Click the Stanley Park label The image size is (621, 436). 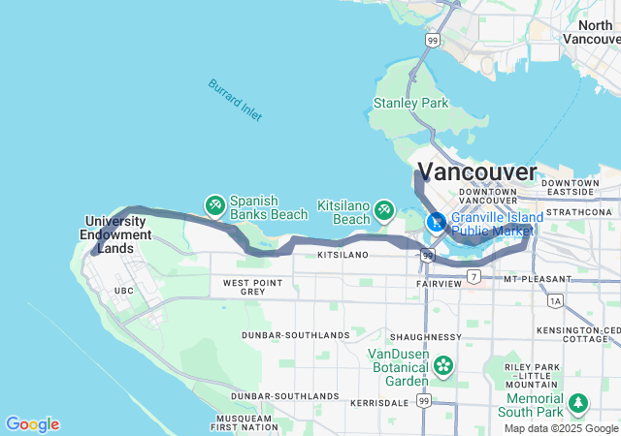coord(411,103)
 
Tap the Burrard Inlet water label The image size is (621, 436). coord(234,99)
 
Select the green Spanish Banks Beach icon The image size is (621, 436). coord(214,205)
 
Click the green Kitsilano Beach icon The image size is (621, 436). coord(384,208)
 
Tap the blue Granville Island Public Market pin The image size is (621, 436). coord(438,222)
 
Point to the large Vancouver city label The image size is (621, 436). coord(482,173)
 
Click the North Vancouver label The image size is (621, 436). coord(593,32)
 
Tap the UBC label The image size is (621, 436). coord(123,291)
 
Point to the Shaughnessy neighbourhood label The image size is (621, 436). coord(427,336)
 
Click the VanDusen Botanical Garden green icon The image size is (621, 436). coord(443,365)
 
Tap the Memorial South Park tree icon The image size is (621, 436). coord(578,401)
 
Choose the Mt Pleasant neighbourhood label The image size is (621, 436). coord(536,278)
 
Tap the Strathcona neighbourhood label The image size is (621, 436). coord(579,211)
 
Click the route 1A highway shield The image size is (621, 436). coord(555,301)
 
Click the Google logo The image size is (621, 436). coord(32,424)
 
